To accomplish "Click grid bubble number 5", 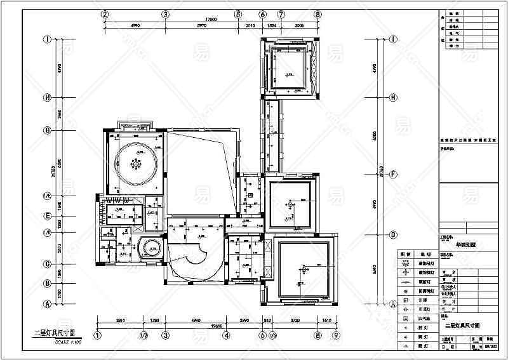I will coord(238,14).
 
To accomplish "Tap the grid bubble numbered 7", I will coord(281,14).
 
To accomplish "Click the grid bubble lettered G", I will coord(46,131).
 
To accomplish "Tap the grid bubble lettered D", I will coord(394,234).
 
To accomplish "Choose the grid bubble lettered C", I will coord(46,263).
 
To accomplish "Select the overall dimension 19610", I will coord(217,328).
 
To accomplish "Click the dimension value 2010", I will coord(250,26).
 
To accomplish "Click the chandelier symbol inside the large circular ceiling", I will coord(136,163).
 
